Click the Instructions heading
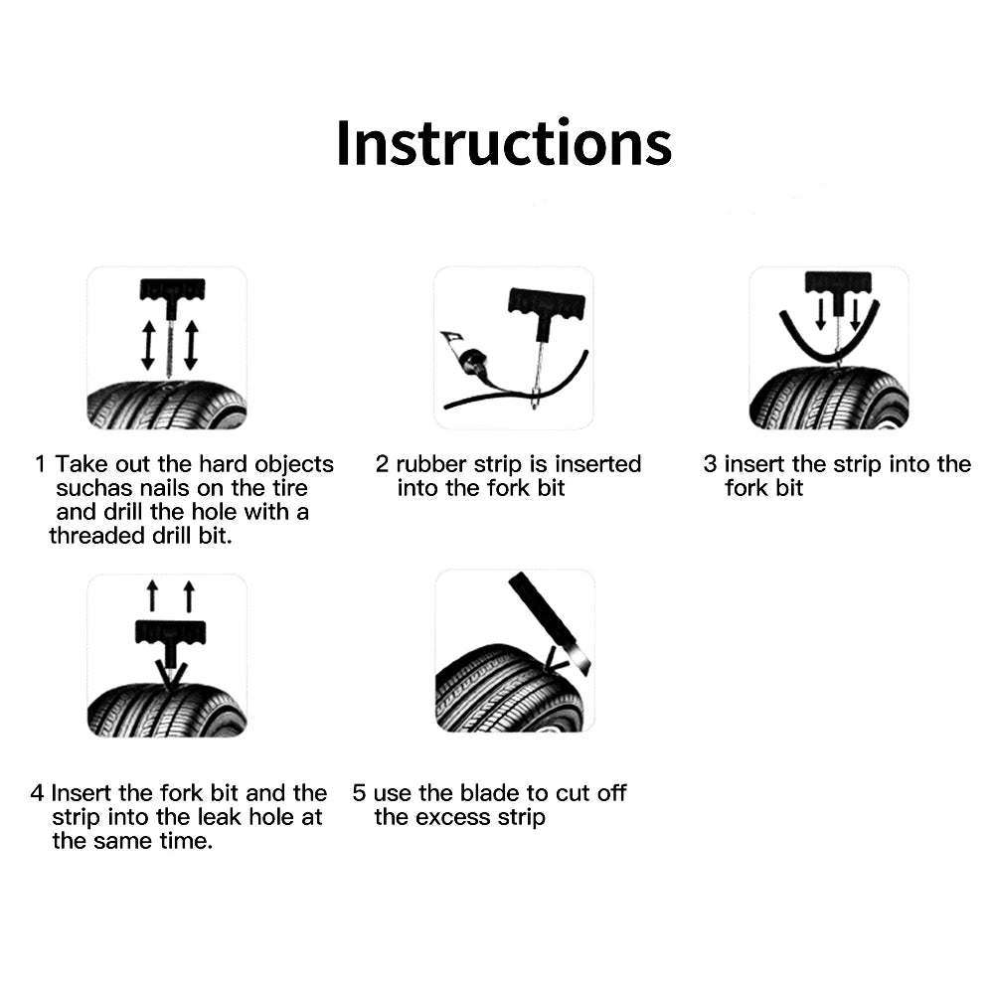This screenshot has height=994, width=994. [504, 143]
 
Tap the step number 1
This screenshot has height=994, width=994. [41, 464]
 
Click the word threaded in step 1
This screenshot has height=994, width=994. [96, 536]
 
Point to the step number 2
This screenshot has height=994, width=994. [382, 464]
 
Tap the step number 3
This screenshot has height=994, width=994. [710, 464]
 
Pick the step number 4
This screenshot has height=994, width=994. [37, 793]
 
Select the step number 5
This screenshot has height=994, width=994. [359, 793]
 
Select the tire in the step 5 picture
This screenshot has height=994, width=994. [507, 694]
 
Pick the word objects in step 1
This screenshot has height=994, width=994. [294, 464]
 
